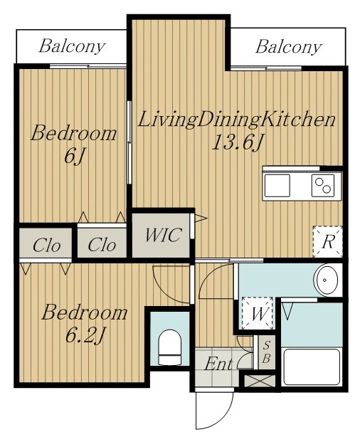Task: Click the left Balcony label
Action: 72,47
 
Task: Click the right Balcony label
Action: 289,47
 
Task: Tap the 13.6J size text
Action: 238,142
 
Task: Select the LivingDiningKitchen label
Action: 237,120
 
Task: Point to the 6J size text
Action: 74,157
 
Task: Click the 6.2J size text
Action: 85,335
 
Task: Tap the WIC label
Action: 164,235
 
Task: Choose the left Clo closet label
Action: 46,246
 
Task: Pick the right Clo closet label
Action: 102,245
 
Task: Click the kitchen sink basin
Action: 277,186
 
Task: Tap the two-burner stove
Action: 323,185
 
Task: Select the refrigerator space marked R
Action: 328,241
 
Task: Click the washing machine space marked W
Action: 258,313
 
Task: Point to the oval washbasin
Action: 326,280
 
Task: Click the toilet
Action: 170,347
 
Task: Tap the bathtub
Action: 312,367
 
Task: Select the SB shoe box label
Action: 267,352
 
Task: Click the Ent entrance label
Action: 218,364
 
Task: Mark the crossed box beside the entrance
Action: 260,381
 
